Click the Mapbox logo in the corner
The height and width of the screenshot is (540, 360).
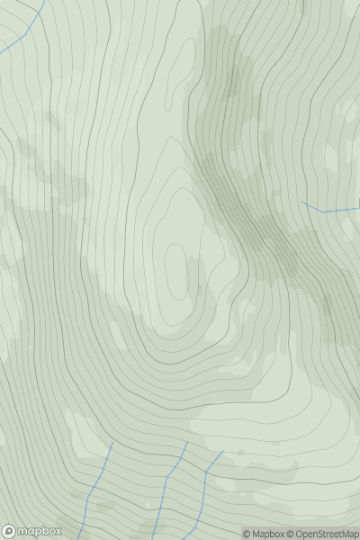(32, 531)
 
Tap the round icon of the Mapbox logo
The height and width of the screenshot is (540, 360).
(9, 531)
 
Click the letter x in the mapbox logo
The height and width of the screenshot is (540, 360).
(58, 531)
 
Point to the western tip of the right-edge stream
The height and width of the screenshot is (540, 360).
(301, 202)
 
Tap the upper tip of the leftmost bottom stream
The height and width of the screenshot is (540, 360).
(112, 442)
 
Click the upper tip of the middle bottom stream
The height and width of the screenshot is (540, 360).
(187, 442)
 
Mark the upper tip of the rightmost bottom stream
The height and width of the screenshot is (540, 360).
(222, 451)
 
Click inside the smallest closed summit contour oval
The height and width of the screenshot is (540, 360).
(176, 270)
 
